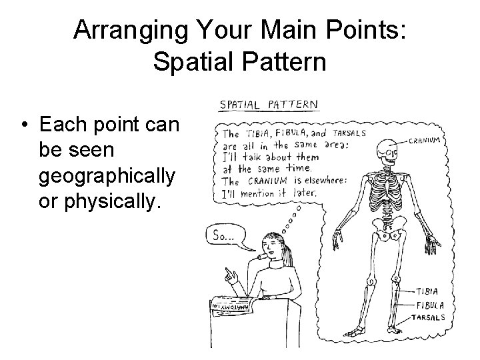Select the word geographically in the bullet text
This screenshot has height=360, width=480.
(x=107, y=177)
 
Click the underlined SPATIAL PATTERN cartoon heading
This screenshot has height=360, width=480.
(x=269, y=105)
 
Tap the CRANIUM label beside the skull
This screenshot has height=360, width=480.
(x=425, y=141)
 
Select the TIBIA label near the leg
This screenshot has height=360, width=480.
(x=427, y=291)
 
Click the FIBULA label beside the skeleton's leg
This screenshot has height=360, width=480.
(x=431, y=305)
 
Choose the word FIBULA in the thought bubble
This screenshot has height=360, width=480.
(x=287, y=133)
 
